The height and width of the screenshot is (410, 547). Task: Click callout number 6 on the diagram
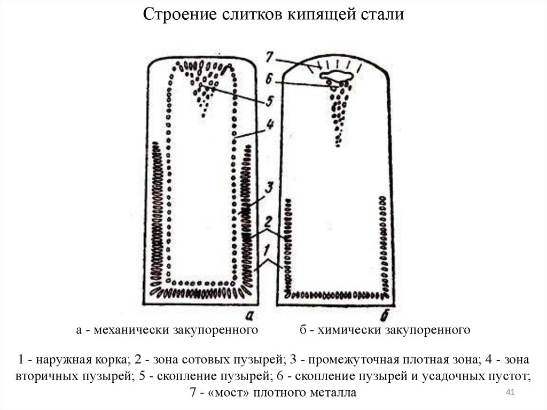pyautogui.click(x=270, y=79)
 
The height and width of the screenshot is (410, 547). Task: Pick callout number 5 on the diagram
pyautogui.click(x=270, y=100)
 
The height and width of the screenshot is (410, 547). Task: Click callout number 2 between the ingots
pyautogui.click(x=269, y=221)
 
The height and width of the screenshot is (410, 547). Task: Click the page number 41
pyautogui.click(x=510, y=393)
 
